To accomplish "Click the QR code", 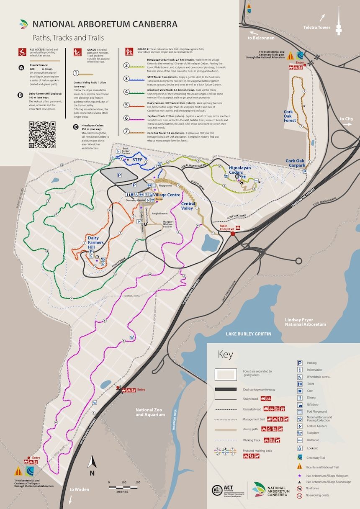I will pos(42,135).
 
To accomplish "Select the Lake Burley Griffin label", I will pos(248,334).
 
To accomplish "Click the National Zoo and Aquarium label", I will pos(150,412).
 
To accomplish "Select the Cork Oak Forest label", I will pos(290,116).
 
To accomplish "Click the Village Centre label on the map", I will pos(166,195).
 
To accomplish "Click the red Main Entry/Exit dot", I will pos(233,233).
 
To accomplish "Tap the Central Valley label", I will pos(188,206).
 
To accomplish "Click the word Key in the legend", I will pos(225,355).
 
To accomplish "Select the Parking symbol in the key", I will pos(300,363).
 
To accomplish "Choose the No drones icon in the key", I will pos(300,488).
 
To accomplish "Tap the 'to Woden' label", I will pos(77,489).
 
